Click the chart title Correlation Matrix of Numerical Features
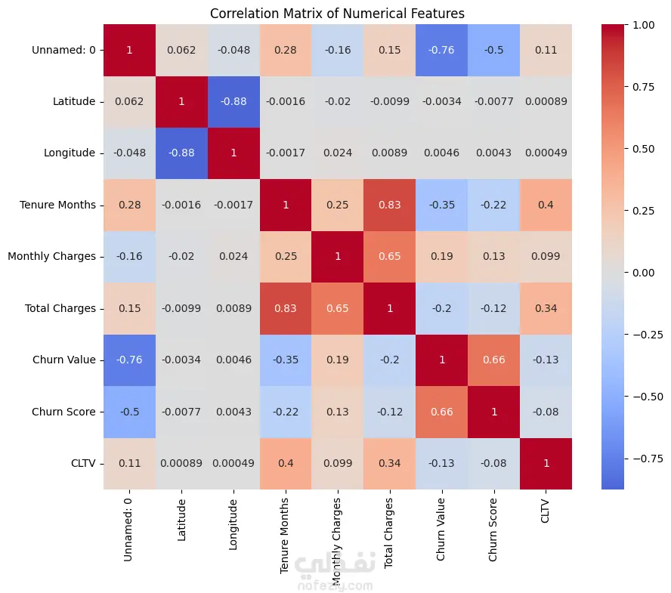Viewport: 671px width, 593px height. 337,13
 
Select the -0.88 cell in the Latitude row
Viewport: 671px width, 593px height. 233,101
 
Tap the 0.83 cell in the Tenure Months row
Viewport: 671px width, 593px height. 390,205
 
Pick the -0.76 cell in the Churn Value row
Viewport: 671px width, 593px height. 129,360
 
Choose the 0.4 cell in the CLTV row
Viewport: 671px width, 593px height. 286,463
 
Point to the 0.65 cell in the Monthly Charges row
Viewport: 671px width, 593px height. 390,256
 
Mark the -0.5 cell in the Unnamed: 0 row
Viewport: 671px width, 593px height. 494,50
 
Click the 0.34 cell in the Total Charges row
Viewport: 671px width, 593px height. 546,308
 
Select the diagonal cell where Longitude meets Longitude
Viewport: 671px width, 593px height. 233,153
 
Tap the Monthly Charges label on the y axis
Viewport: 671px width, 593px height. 51,256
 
